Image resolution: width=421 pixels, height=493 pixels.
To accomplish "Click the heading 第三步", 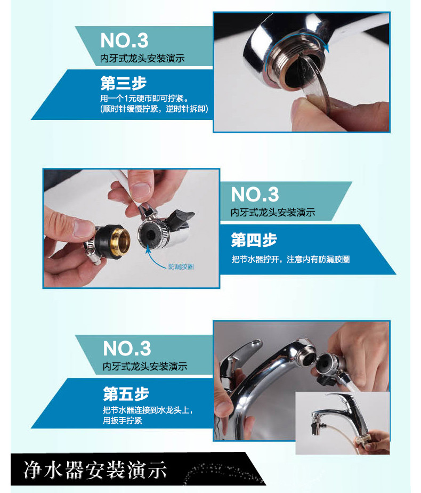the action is click(124, 83).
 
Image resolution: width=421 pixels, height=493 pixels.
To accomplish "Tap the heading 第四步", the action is click(254, 240).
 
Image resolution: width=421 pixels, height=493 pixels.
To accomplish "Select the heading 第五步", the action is click(126, 394).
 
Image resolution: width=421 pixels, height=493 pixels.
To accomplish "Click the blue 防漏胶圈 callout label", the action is click(181, 266).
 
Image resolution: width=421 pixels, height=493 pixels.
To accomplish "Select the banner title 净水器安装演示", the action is click(95, 471).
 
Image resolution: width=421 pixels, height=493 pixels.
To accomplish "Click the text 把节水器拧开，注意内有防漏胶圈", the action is click(290, 260).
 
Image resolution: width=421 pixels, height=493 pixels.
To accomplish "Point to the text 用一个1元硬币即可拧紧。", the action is click(144, 99).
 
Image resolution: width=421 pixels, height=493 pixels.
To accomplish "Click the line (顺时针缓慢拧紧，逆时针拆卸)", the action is click(155, 109).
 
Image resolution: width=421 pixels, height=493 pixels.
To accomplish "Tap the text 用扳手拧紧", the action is click(123, 421).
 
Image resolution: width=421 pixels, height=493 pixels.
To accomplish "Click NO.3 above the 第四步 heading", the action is click(255, 194).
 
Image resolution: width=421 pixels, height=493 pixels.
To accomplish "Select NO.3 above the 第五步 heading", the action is click(127, 348).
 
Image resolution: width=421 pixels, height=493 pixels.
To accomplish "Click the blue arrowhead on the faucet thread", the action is click(327, 48).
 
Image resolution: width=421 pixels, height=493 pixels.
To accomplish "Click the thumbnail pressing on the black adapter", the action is click(84, 228).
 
